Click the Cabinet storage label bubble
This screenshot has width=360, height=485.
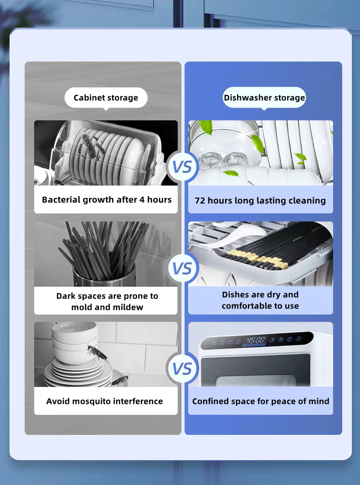point(106,98)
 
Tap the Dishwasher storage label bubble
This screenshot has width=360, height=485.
point(264,98)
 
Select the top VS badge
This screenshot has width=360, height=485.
point(183,167)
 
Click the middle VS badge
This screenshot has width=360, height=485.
point(183,268)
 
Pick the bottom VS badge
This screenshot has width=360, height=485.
point(183,368)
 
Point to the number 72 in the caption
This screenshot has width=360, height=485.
point(200,201)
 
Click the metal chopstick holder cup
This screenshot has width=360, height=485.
point(104,276)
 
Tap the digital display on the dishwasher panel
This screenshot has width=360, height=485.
point(256,340)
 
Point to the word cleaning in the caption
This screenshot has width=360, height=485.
point(307,201)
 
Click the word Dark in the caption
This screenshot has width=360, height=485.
point(67,296)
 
